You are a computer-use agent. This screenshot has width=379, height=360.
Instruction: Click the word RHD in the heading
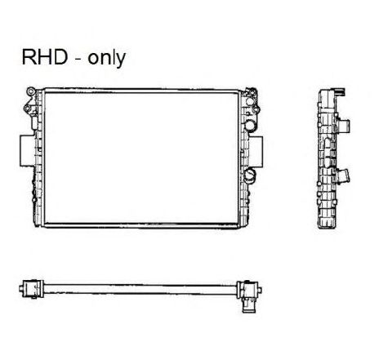[45, 57]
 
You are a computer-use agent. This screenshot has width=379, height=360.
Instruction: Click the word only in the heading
[106, 58]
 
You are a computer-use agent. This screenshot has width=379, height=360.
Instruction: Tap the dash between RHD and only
[78, 60]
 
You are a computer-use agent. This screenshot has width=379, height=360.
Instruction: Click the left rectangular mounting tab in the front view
[27, 150]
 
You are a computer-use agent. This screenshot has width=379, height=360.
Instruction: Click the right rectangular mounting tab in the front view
[256, 152]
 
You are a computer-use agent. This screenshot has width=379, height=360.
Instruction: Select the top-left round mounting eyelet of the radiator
[30, 91]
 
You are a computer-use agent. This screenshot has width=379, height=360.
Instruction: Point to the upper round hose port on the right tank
[250, 125]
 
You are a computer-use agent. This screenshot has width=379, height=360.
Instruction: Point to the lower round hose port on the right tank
[250, 176]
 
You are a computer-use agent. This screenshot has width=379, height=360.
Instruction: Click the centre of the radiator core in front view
[141, 158]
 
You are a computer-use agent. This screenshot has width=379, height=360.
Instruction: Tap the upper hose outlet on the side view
[344, 126]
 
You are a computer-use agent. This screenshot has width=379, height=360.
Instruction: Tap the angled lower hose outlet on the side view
[344, 176]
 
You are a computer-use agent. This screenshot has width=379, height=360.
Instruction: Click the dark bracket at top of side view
[339, 91]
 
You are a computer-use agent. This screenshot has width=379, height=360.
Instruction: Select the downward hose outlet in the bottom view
[248, 305]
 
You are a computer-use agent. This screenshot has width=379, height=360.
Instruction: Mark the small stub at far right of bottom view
[260, 291]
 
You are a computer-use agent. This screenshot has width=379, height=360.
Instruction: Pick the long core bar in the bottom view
[140, 289]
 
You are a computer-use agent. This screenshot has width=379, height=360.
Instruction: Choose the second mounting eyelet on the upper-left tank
[27, 109]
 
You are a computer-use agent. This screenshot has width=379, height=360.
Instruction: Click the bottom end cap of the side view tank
[328, 223]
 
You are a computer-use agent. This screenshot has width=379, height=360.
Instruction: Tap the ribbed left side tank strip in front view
[39, 158]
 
